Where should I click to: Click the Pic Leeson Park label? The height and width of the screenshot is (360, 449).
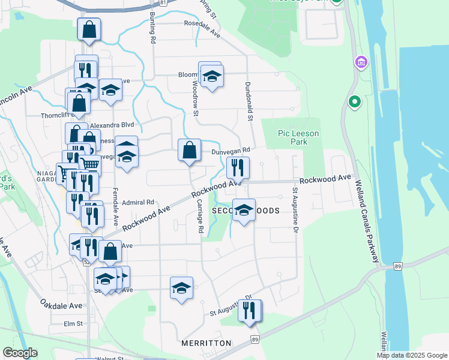click(x=299, y=137)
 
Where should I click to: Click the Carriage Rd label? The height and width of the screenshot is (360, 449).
click(x=200, y=217)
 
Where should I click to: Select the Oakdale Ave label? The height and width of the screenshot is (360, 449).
click(x=61, y=305)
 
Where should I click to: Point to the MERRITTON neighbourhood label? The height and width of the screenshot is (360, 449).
click(x=206, y=343)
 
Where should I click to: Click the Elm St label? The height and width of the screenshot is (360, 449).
click(x=73, y=323)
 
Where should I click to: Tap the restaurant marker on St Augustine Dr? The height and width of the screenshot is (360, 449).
click(x=249, y=310)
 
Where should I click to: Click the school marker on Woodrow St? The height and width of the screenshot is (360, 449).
click(x=211, y=76)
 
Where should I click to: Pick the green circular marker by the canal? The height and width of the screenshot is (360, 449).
click(x=354, y=103)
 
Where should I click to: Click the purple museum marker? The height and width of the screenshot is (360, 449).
click(x=361, y=62)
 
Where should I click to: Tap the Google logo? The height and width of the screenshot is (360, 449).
click(x=20, y=353)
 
